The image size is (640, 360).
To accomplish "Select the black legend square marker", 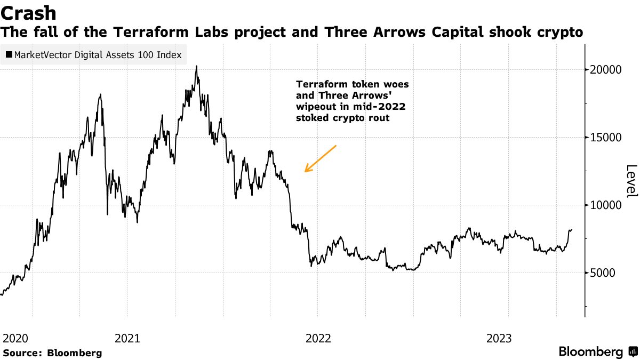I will (x=9, y=54).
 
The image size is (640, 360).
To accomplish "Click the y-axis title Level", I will (x=631, y=181).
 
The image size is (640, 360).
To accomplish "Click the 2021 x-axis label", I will (x=127, y=338).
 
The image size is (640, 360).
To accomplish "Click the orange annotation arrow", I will (x=320, y=158).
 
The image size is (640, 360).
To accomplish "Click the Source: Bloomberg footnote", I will (x=52, y=353).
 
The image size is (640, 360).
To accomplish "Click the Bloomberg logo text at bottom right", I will (x=591, y=352).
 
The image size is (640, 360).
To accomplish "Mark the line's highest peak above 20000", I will (x=196, y=67).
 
